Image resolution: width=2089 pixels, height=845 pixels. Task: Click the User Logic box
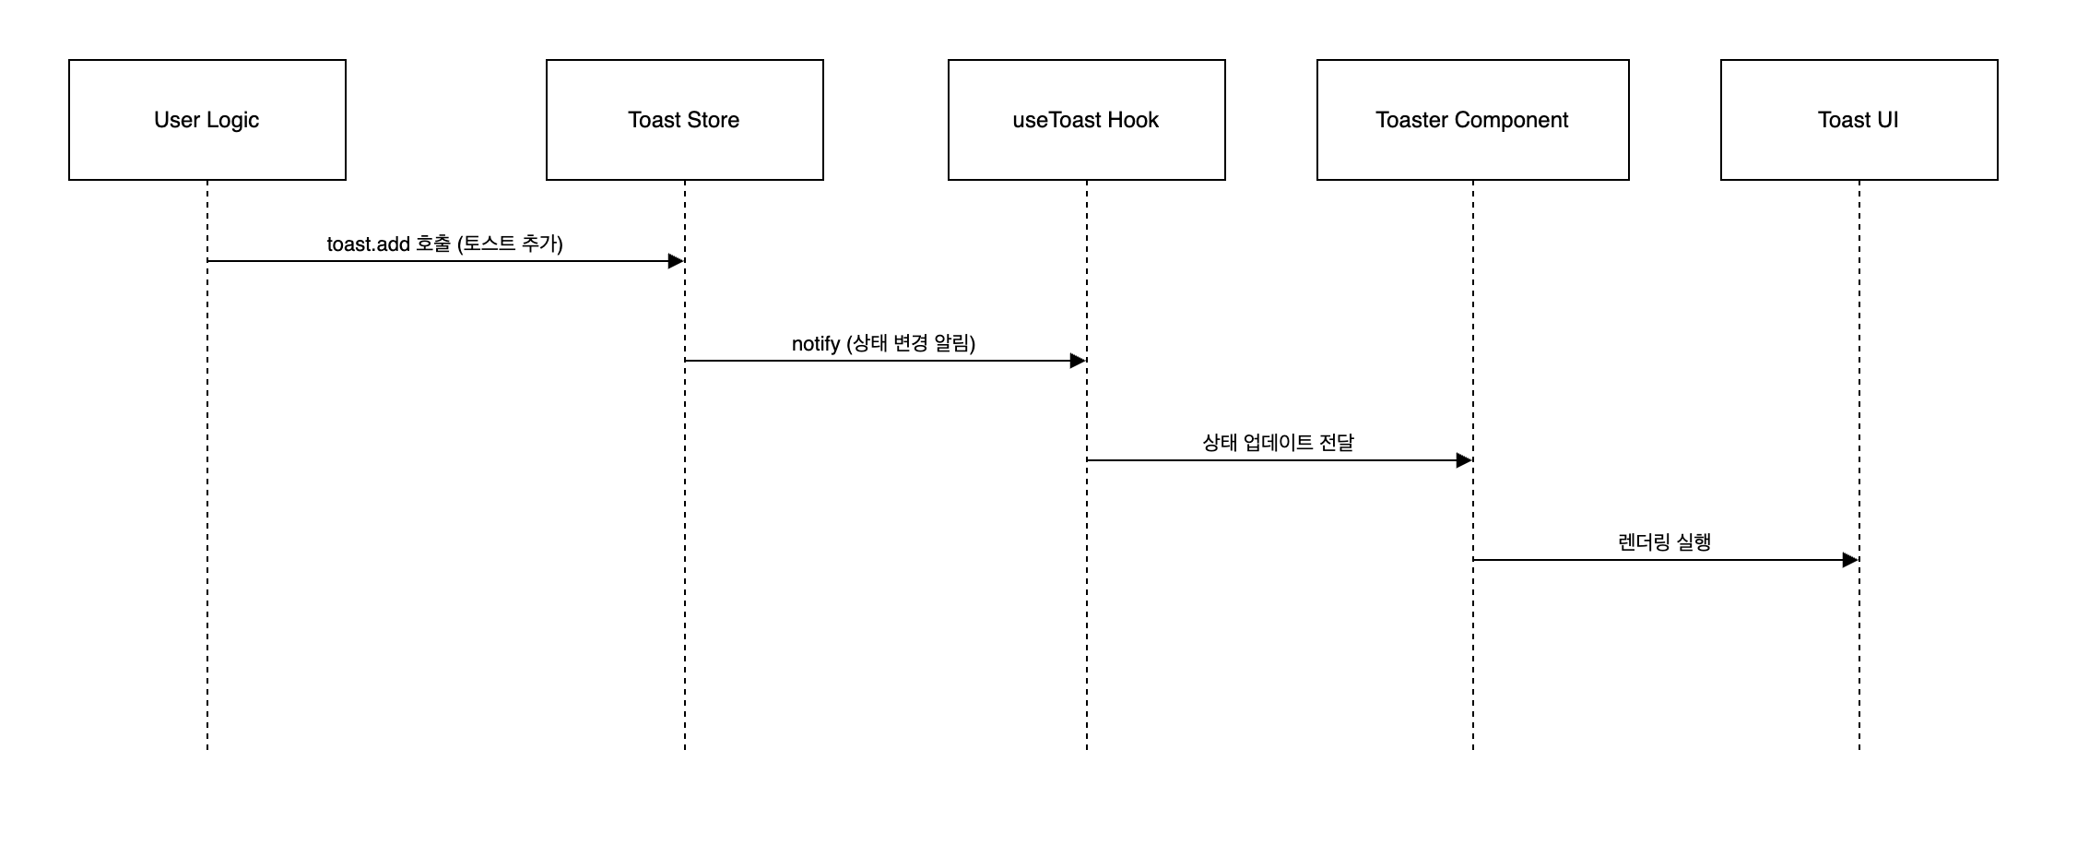pos(207,120)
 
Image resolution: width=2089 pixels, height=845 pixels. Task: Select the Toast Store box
pos(684,120)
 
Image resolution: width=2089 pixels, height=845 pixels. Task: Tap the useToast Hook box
pos(1086,120)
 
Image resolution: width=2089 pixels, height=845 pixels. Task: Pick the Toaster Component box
pos(1472,120)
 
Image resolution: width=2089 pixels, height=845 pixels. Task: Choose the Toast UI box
pos(1859,120)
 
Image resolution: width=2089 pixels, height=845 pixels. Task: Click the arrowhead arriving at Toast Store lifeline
pos(676,261)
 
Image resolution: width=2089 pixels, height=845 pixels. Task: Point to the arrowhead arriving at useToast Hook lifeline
pos(1078,361)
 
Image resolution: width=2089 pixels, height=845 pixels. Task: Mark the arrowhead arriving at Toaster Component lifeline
pos(1464,460)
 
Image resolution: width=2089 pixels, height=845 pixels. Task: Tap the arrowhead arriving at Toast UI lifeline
pos(1850,560)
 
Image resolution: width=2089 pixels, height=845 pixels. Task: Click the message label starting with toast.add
pos(444,244)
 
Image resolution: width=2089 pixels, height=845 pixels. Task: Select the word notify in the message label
pos(816,344)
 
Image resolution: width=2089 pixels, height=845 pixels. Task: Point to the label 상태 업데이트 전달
pos(1278,443)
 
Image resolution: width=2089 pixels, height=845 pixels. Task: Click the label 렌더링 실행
pos(1664,542)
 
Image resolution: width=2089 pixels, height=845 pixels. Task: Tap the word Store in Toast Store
pos(713,120)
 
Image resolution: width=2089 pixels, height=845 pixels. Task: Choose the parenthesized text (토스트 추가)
pos(510,244)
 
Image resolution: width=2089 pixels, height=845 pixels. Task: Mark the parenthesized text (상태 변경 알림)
pos(911,344)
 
